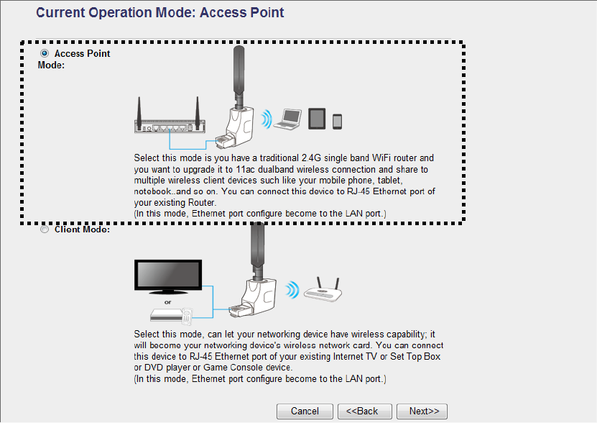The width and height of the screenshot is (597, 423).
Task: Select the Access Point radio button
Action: point(45,54)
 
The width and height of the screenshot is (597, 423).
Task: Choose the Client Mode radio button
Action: point(45,230)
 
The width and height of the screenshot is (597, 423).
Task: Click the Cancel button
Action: point(305,411)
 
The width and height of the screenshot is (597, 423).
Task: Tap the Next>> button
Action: point(422,411)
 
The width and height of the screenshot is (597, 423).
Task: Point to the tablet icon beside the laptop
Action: point(318,119)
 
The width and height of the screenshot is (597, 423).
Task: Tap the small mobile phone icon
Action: point(337,121)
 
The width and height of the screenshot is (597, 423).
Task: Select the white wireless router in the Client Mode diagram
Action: point(323,291)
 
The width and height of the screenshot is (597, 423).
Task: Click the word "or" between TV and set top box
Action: point(167,302)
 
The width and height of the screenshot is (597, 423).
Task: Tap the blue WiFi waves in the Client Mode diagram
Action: point(291,290)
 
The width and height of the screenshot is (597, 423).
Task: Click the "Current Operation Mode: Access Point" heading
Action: point(159,13)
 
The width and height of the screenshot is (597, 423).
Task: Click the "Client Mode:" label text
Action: point(82,230)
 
